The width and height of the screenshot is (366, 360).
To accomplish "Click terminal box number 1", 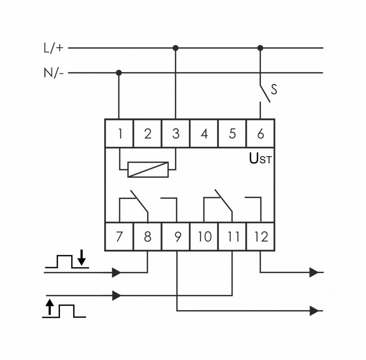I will tap(119, 133).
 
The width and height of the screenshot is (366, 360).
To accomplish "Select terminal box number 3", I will tap(175, 133).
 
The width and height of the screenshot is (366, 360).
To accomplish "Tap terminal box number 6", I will tap(260, 133).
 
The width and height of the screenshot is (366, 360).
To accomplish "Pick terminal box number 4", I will tap(204, 133).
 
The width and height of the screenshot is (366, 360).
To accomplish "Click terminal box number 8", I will tap(148, 237).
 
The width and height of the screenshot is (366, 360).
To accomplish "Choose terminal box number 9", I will tap(176, 237).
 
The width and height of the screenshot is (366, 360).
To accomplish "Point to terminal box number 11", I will tap(232, 237).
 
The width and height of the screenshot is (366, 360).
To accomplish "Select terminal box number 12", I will tap(261, 237).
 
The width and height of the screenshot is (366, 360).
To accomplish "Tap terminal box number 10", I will tap(204, 237).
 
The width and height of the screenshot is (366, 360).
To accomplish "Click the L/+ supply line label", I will tap(53, 48).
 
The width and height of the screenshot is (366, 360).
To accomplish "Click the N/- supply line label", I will tap(53, 72).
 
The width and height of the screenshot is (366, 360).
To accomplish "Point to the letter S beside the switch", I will tap(274, 90).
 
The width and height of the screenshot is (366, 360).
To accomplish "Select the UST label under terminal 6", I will tap(260, 159).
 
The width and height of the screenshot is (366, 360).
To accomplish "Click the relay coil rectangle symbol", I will tap(148, 170).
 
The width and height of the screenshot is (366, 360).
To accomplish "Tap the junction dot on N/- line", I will tap(119, 72).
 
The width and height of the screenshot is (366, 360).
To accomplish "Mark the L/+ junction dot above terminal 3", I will tap(175, 48).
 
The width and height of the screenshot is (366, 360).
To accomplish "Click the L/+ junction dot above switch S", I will tap(260, 48).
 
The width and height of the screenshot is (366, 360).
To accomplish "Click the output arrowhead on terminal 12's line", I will tap(314, 272).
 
